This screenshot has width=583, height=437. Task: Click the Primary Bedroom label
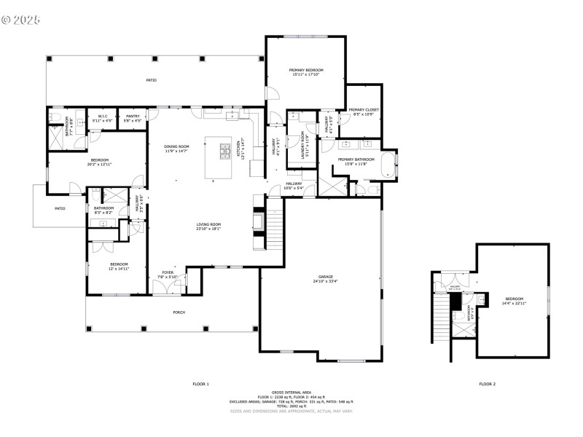tap(305, 70)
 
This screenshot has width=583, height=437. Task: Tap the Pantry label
tap(133, 116)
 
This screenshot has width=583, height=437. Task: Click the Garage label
tap(325, 277)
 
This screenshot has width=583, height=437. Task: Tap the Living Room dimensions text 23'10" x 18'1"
tap(208, 229)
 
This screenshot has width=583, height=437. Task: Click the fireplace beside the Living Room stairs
tap(257, 221)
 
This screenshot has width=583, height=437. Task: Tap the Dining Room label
tap(176, 146)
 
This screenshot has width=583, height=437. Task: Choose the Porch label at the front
tap(179, 312)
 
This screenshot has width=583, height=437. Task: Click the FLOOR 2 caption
tap(487, 383)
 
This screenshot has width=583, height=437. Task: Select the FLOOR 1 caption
tap(200, 383)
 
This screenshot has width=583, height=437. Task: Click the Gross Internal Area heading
tap(291, 392)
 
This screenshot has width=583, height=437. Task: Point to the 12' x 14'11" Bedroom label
tap(119, 264)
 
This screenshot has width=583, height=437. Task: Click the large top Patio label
tap(151, 79)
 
